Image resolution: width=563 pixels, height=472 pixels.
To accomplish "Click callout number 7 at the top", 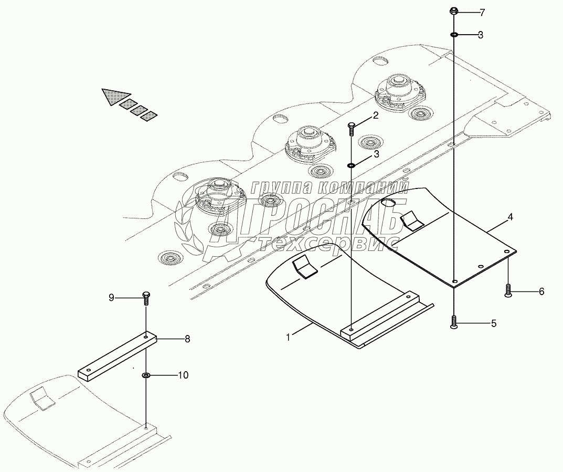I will (483, 12).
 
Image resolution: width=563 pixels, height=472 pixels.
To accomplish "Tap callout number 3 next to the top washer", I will (480, 35).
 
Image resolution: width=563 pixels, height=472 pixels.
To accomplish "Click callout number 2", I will (376, 116).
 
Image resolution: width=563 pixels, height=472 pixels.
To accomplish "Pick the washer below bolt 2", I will (351, 167).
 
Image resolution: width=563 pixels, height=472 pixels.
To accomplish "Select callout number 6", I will (541, 291).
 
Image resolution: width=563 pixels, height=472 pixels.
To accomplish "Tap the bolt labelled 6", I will (508, 290).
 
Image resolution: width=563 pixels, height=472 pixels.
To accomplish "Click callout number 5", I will (493, 324).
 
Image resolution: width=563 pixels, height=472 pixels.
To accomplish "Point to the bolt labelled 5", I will (454, 322).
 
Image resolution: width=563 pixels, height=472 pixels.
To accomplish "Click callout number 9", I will (111, 298).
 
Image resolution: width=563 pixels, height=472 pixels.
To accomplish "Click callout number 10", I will (183, 375).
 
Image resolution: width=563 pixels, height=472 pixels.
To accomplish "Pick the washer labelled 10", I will (146, 375).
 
